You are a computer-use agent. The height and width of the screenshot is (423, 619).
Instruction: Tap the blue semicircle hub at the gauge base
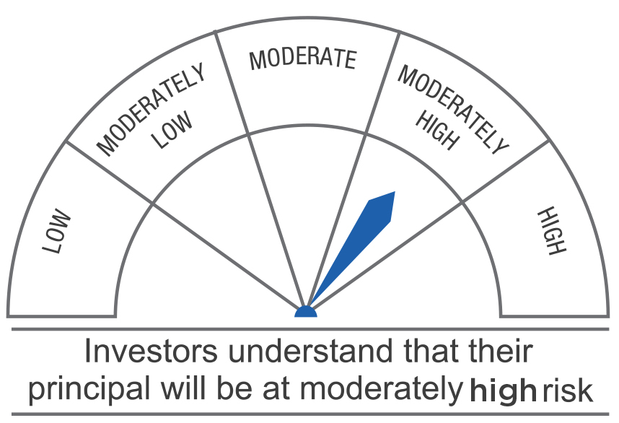point(306,312)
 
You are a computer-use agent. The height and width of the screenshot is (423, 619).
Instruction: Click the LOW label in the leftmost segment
point(56,231)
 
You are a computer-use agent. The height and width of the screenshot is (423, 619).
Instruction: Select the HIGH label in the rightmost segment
point(552,231)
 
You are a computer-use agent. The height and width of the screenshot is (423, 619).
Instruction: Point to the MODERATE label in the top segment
point(303,60)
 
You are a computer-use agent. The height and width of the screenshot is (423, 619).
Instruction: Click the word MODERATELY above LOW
point(151,109)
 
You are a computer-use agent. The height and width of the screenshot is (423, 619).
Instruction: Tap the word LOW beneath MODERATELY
point(173,130)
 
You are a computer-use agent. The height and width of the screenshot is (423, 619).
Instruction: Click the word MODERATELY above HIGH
point(453,110)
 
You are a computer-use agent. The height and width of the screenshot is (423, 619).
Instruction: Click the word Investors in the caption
point(151,351)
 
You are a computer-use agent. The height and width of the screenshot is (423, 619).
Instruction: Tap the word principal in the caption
point(89,389)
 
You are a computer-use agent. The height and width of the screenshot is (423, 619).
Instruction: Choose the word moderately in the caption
point(382,389)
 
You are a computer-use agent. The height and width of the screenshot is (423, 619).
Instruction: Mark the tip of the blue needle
point(395,191)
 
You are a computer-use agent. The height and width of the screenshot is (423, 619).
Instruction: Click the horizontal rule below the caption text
point(310,414)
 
